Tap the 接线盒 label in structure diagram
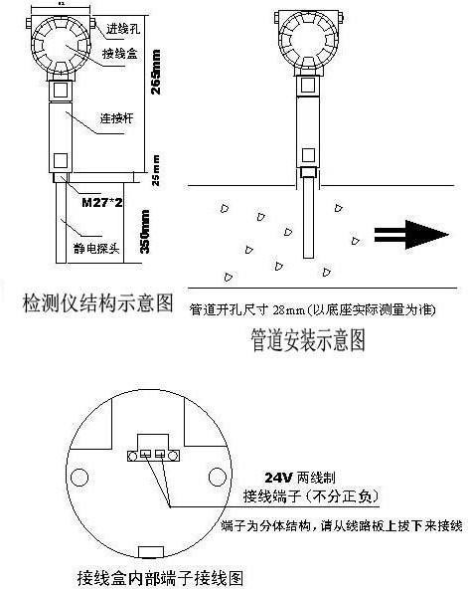click(119, 52)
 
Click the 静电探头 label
click(100, 249)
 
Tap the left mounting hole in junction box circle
click(75, 475)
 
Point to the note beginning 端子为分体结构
click(341, 523)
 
